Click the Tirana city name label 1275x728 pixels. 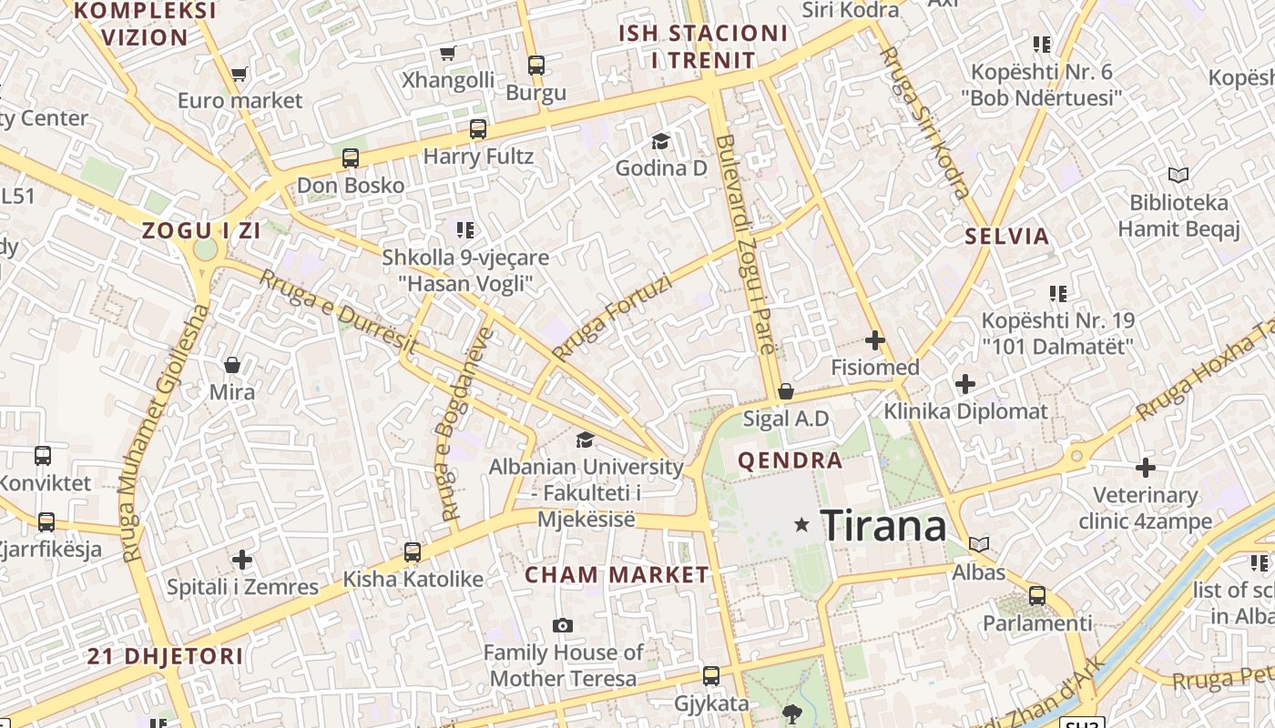click(x=882, y=526)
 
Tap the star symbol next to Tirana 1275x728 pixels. click(x=801, y=524)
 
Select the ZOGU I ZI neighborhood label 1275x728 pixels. click(x=201, y=230)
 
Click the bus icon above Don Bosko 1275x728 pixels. click(x=351, y=158)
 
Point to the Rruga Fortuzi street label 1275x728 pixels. click(x=611, y=318)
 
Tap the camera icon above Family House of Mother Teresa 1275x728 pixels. click(x=563, y=625)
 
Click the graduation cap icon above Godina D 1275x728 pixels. click(x=660, y=141)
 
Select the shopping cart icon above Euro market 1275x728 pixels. click(x=239, y=74)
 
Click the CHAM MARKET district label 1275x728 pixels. click(x=617, y=574)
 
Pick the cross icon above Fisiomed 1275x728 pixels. click(x=875, y=340)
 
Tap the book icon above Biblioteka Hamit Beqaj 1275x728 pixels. click(x=1178, y=175)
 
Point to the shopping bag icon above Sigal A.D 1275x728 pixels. click(x=786, y=391)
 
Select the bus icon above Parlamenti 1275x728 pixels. click(x=1036, y=596)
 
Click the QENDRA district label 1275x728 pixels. click(x=790, y=460)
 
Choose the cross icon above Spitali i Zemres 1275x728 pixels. click(x=242, y=559)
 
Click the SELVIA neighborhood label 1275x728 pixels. click(x=1007, y=237)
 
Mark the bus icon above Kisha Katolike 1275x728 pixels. click(x=413, y=551)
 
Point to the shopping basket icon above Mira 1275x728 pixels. click(x=232, y=365)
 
